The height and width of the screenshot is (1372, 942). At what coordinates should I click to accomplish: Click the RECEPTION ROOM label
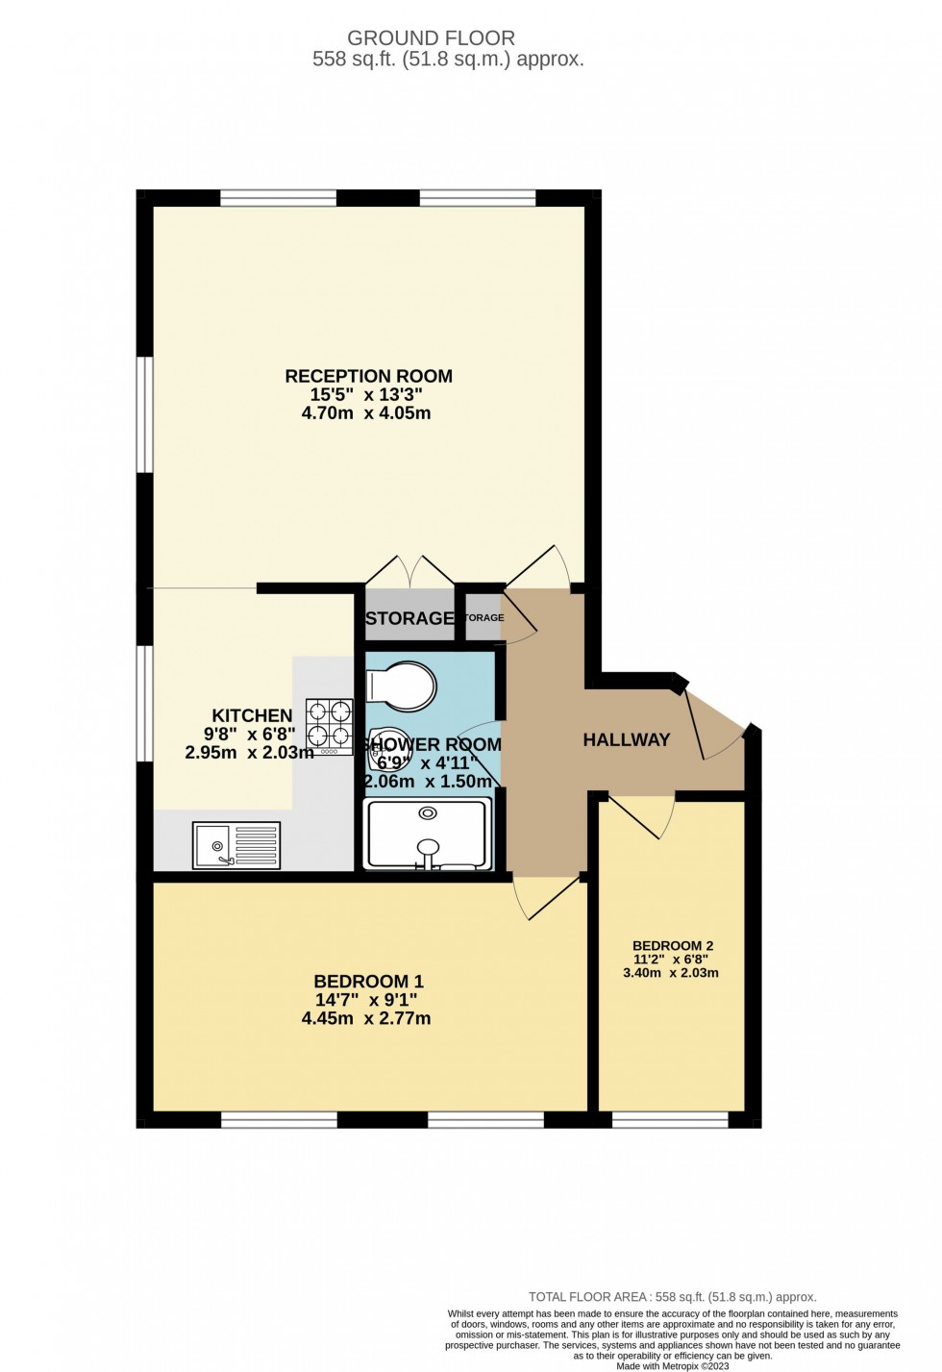(x=368, y=376)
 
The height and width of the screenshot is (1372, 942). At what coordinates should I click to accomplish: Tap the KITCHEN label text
(x=252, y=715)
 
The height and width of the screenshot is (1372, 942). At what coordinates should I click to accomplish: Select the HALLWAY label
(x=627, y=739)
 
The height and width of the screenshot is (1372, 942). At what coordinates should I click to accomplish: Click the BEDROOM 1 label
(x=368, y=982)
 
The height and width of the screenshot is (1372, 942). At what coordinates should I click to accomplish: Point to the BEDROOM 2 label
(x=673, y=946)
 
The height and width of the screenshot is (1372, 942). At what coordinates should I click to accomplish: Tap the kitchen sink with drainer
(x=235, y=845)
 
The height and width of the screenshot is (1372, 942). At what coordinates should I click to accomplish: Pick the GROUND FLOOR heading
(x=431, y=38)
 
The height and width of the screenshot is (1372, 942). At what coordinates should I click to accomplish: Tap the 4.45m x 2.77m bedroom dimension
(x=366, y=1018)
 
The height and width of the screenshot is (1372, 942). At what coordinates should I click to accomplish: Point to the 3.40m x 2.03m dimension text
(x=671, y=973)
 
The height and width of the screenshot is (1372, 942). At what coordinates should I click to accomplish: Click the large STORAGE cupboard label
(x=409, y=618)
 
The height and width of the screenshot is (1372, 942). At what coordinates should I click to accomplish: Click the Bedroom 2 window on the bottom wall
(x=670, y=1120)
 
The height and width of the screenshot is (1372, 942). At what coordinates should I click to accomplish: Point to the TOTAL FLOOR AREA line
(x=672, y=1297)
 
